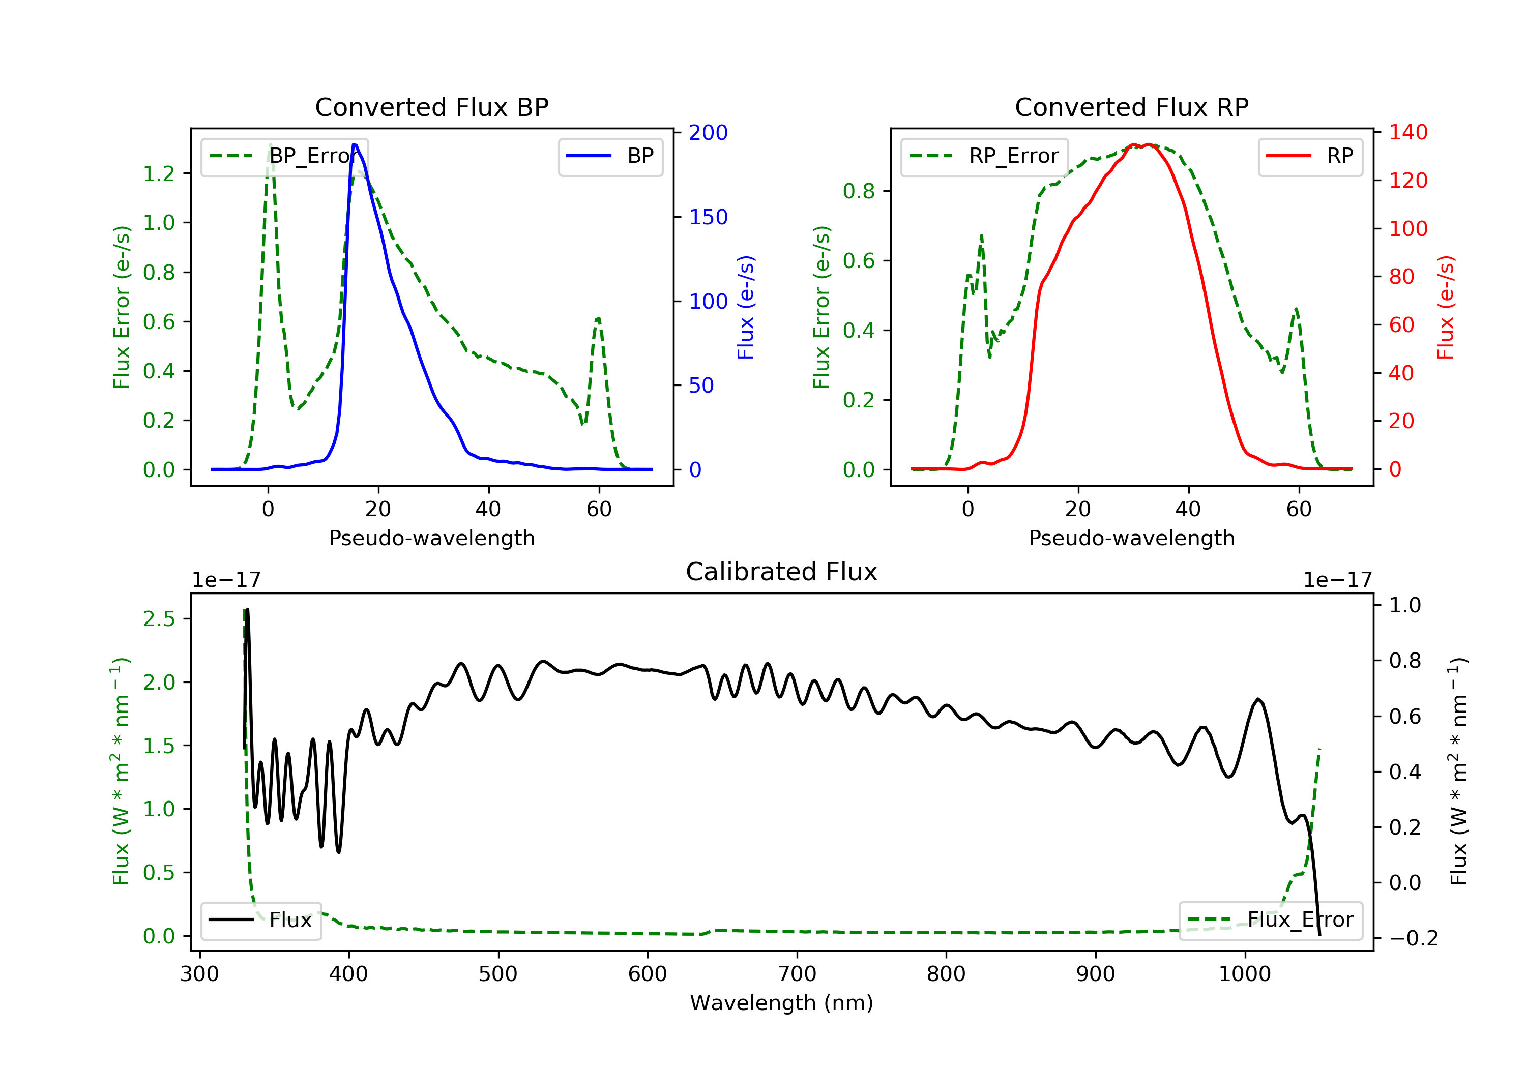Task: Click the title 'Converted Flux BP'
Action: tap(432, 107)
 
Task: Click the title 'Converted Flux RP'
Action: tap(1132, 107)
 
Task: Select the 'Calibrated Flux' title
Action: tap(782, 572)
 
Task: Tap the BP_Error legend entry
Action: tap(284, 156)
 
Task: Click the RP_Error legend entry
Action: tap(984, 156)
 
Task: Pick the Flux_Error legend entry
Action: tap(1270, 920)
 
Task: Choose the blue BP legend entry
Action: tap(610, 156)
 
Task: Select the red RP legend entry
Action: tap(1310, 156)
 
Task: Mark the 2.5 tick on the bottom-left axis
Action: tap(159, 619)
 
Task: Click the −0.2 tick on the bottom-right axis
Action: tap(1414, 938)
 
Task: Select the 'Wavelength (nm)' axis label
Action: tap(782, 1003)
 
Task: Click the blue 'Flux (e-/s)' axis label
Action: tap(746, 308)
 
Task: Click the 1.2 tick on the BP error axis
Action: tap(159, 173)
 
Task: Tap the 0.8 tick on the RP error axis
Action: tap(859, 191)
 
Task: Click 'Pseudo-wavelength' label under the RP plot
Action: tap(1132, 538)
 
